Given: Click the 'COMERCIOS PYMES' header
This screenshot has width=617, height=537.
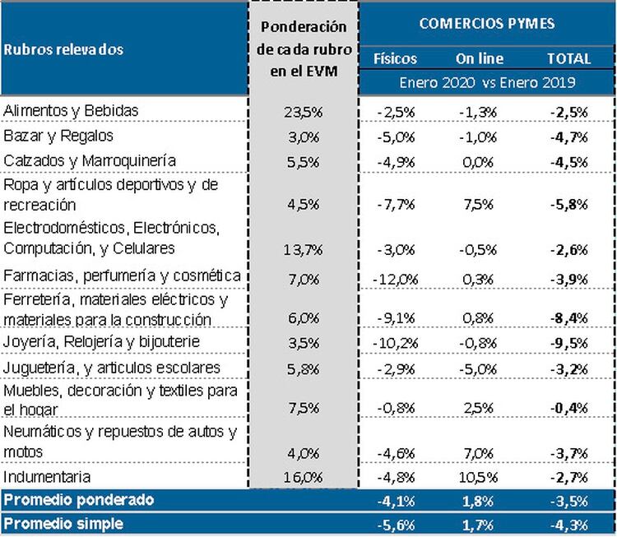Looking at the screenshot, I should tap(486, 23).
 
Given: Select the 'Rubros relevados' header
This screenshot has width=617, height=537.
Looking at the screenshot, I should tap(63, 49).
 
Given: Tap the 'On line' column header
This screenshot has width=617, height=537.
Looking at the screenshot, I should tap(479, 58).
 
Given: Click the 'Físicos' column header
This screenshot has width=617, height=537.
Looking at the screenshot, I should tap(395, 58).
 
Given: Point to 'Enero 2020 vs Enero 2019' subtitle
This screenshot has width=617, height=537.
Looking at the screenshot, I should tap(486, 83).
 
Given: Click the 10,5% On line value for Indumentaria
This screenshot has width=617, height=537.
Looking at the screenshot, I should tap(479, 476).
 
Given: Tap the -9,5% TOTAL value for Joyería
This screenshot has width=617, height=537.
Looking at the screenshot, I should tap(569, 341).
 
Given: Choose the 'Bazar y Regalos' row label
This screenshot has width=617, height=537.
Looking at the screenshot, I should tap(58, 135).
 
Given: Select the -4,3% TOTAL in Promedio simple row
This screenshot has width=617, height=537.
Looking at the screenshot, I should tap(569, 524).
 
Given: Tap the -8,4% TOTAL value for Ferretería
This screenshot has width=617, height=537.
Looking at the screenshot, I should tap(569, 319).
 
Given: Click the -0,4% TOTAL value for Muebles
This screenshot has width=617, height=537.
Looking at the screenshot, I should tap(569, 407).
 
